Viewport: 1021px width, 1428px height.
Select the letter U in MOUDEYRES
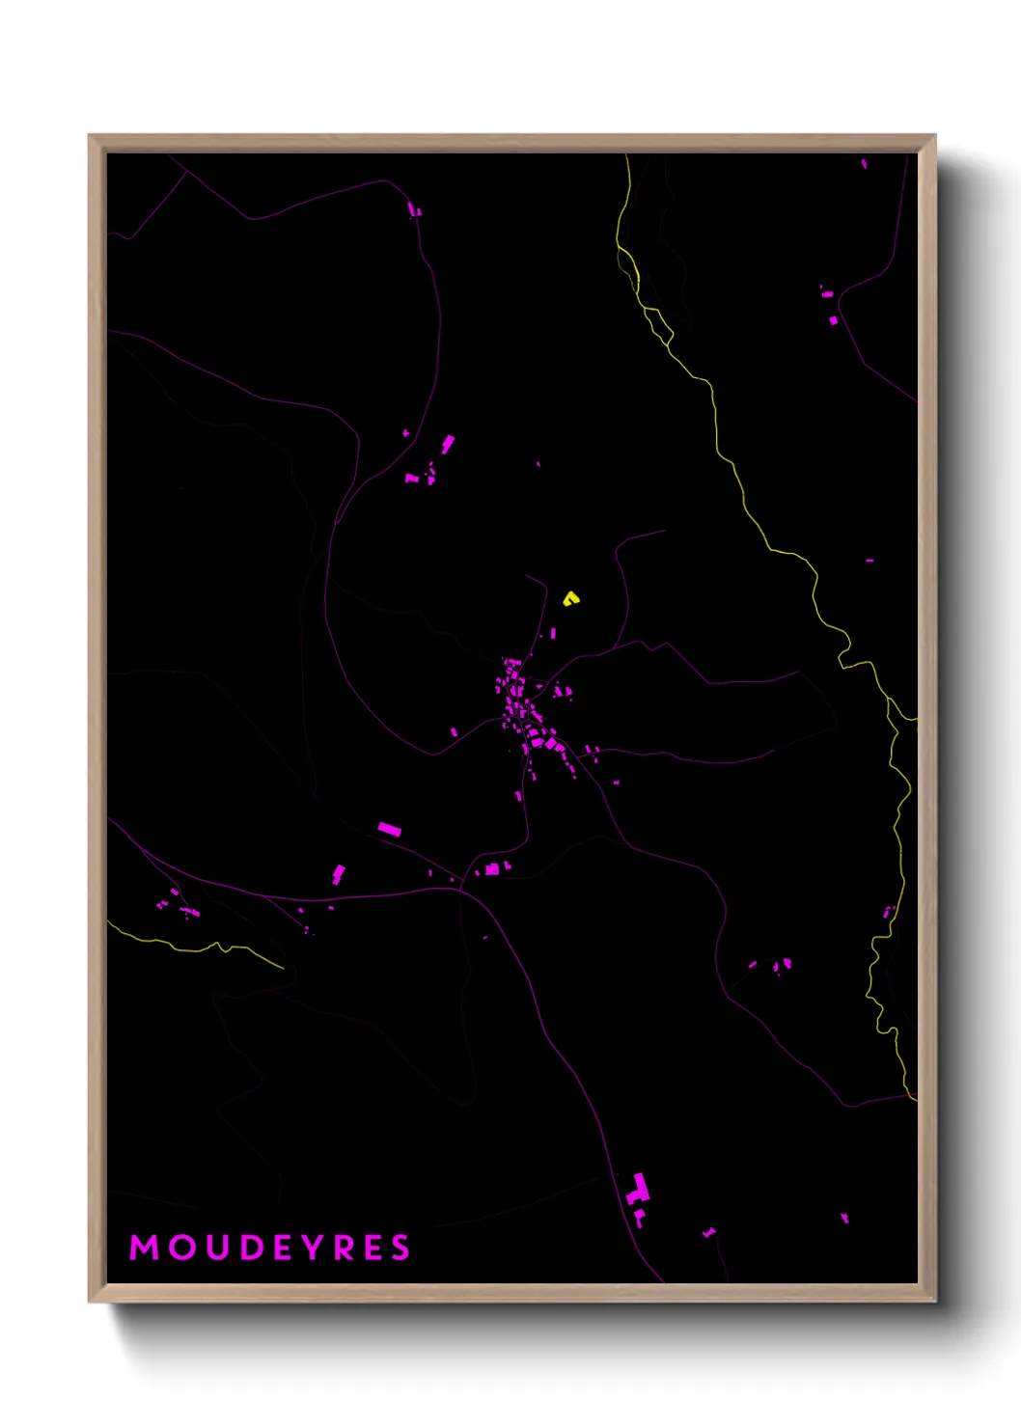[214, 1248]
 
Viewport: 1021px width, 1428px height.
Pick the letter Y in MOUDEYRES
[314, 1248]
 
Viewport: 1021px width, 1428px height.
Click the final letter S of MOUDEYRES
[400, 1248]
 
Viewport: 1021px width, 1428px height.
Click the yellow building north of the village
[571, 598]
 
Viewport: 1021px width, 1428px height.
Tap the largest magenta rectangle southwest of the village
[389, 828]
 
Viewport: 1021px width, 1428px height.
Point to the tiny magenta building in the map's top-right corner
[864, 164]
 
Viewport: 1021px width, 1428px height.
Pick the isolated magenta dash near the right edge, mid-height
[869, 560]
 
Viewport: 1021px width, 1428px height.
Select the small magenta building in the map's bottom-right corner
[844, 1218]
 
